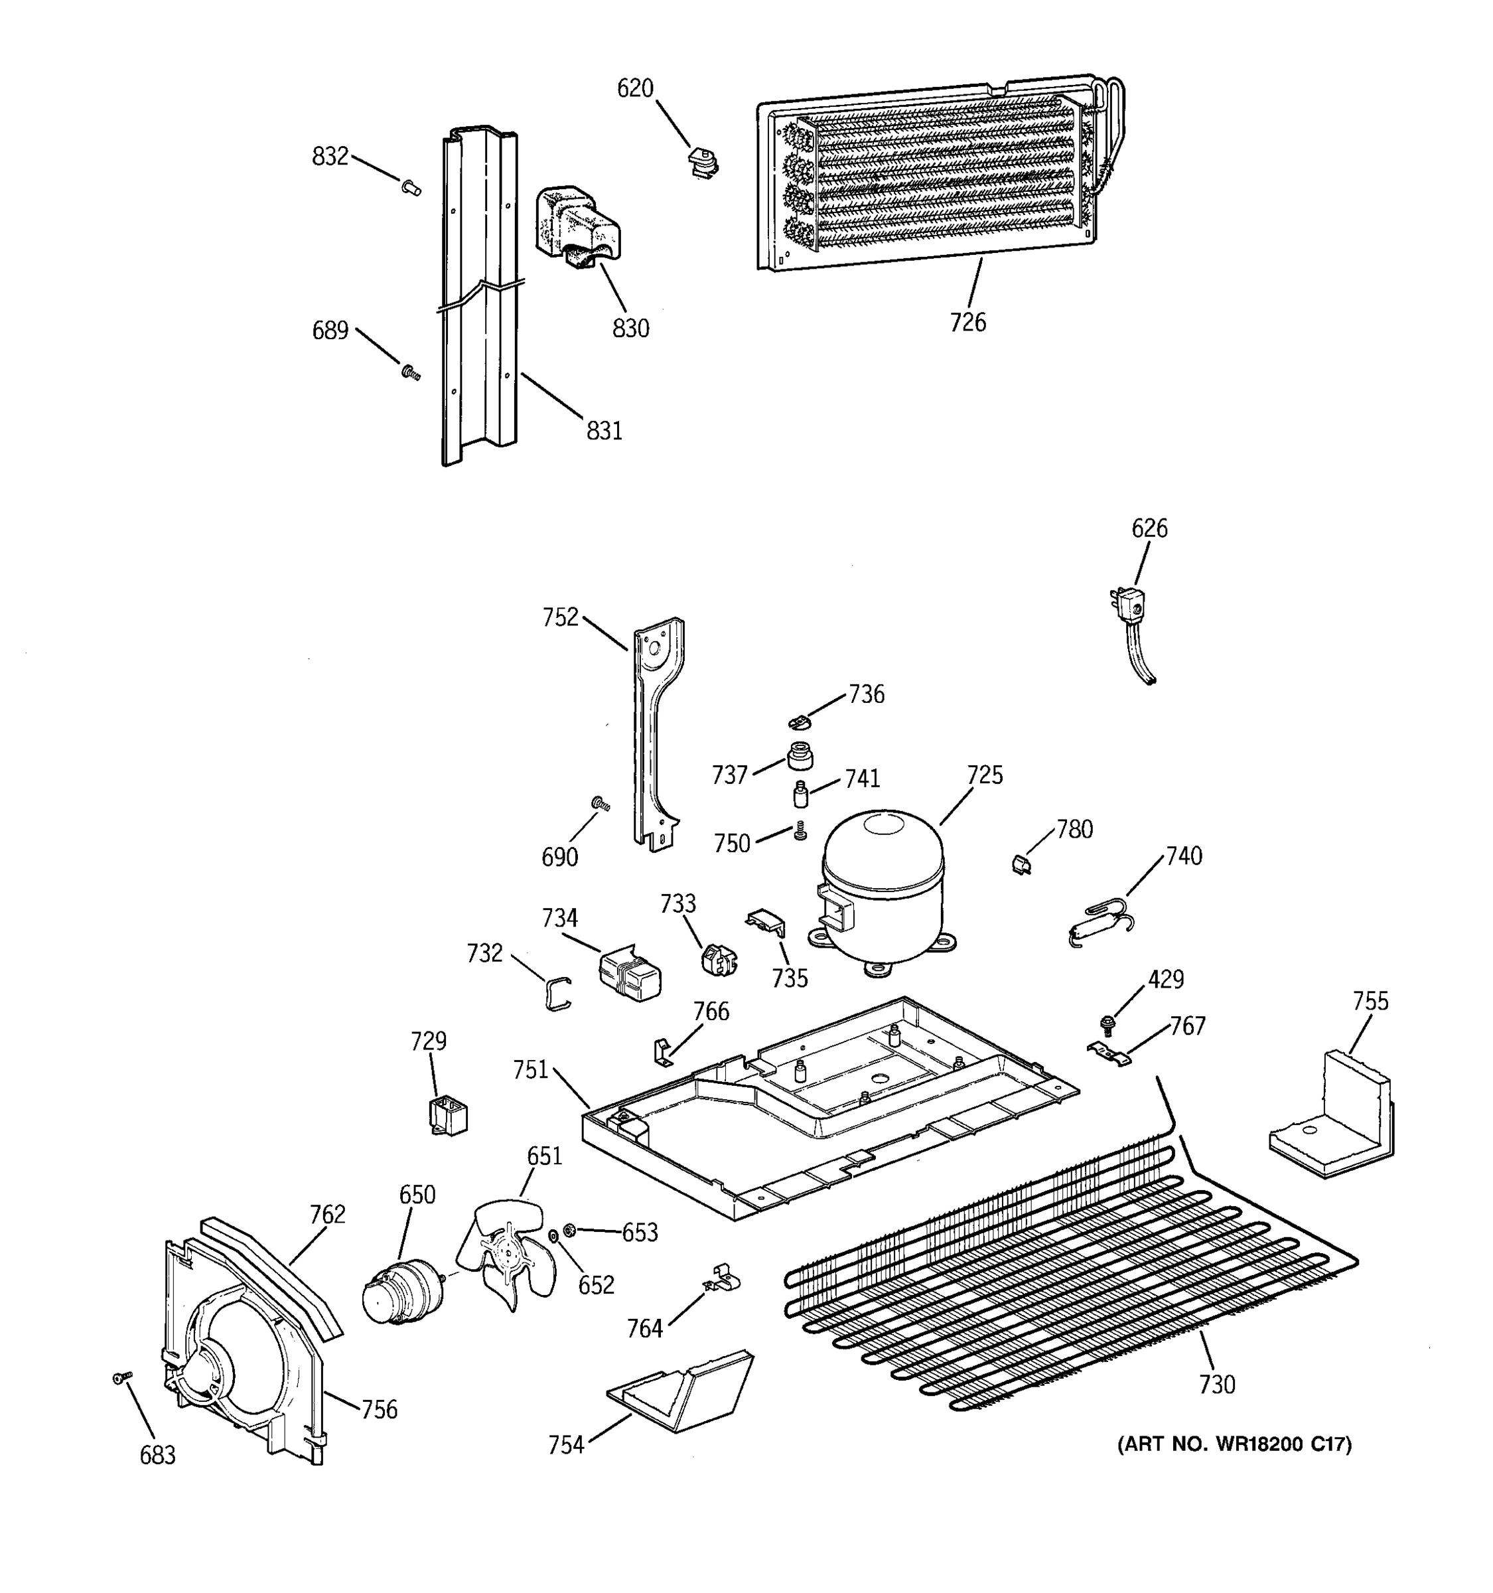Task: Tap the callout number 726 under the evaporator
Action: (x=967, y=323)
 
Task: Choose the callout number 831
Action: (x=604, y=431)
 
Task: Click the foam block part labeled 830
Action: (x=577, y=224)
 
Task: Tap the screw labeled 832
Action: (x=411, y=189)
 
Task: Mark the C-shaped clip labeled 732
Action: (x=558, y=994)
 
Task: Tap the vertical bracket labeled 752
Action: (x=657, y=733)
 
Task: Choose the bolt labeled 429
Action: (x=1109, y=1022)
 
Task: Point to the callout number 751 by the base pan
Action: (x=530, y=1070)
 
